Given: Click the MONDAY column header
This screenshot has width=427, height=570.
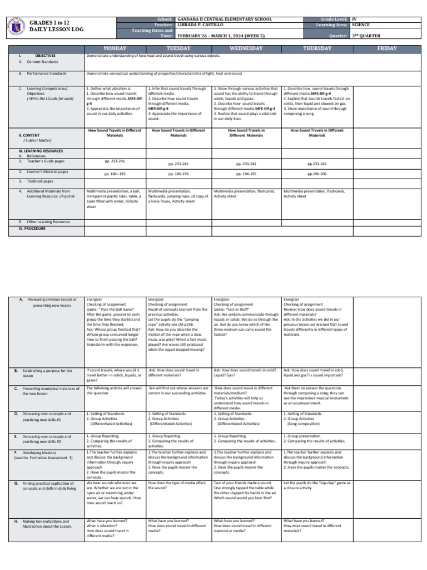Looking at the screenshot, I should coord(115,48).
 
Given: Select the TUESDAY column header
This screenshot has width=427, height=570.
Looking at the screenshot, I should coord(178,48).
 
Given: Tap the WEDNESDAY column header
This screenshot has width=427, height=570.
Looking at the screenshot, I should coord(246,48).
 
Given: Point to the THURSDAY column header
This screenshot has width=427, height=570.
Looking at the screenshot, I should coord(316,48).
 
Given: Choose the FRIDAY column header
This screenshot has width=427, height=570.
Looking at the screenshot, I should coord(387,48).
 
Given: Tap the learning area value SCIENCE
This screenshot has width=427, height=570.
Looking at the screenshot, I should coord(361,25).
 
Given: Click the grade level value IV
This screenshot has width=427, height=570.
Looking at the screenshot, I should coord(354,19).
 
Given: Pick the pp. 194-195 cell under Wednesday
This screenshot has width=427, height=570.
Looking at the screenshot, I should coord(246,174).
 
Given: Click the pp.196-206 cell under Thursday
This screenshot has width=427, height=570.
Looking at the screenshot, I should coord(317,174).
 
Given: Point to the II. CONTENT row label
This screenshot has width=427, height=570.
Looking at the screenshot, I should coord(34,135).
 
